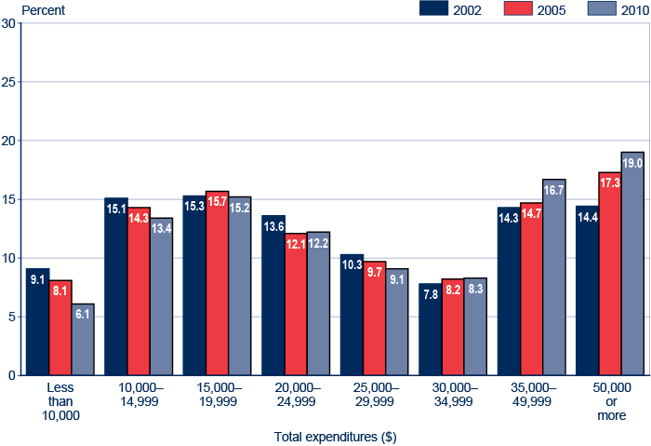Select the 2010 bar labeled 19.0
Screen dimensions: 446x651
coord(632,264)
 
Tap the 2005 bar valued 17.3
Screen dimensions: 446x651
coord(610,274)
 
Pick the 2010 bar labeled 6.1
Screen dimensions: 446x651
coord(83,340)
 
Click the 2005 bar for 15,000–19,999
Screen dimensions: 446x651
coord(217,283)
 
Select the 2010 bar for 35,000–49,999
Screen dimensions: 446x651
coord(554,277)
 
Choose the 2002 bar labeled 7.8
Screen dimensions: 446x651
coord(430,330)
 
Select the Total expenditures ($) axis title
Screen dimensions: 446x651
coord(335,436)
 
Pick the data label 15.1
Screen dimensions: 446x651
coord(116,209)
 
